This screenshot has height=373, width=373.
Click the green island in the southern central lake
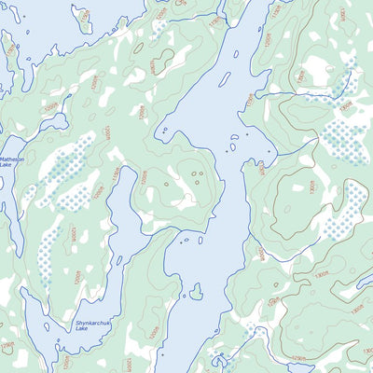[195, 294]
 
